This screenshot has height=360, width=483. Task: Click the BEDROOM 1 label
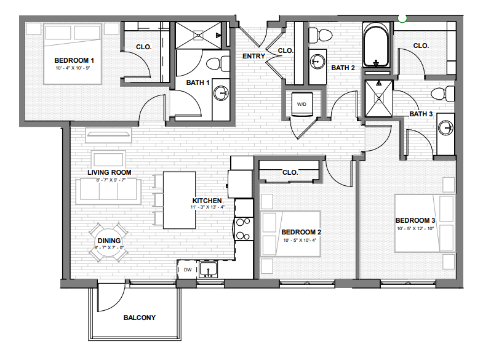(73, 60)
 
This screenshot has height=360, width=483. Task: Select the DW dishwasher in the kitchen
(187, 270)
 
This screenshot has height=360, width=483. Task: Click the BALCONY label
(139, 318)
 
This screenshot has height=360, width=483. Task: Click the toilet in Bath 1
(214, 64)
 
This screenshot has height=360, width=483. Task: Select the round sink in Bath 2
(317, 61)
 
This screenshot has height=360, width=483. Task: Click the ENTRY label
(253, 57)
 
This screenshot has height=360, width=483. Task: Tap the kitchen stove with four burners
(244, 228)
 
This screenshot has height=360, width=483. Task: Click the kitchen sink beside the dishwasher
(209, 270)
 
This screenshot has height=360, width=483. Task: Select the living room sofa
(107, 190)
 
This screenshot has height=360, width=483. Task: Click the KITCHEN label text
(207, 201)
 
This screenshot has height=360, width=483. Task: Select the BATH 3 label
(421, 114)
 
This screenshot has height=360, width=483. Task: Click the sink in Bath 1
(221, 94)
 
